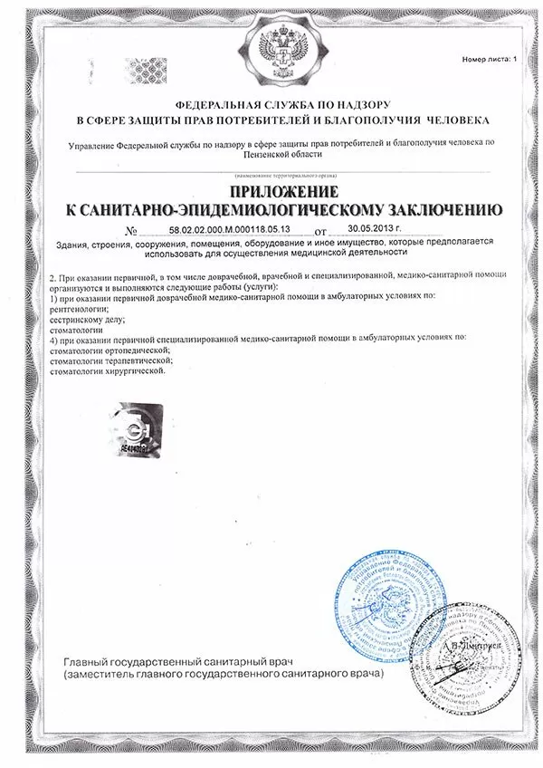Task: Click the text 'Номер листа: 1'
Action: (x=490, y=58)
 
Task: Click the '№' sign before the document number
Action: (x=133, y=231)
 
